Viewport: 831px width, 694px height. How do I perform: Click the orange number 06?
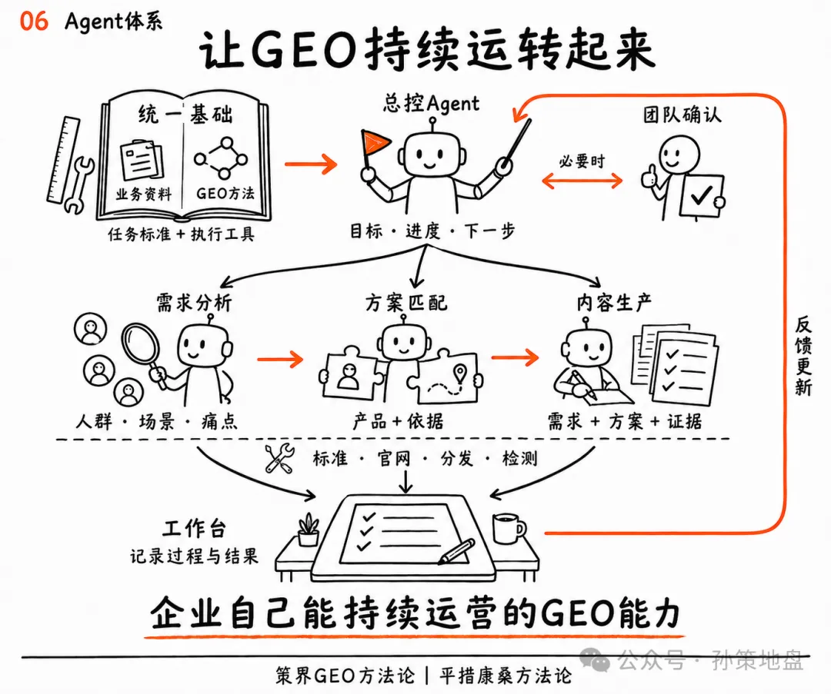tap(34, 22)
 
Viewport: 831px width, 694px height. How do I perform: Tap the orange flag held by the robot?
tap(375, 143)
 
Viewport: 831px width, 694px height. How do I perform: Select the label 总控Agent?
tap(431, 103)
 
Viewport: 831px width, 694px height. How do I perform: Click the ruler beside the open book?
tap(63, 160)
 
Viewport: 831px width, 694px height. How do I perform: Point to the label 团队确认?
tap(682, 114)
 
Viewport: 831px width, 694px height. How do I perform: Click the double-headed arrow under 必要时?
tap(582, 181)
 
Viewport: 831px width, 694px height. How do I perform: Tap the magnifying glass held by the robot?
tap(142, 350)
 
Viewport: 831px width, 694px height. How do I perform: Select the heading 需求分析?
tap(194, 303)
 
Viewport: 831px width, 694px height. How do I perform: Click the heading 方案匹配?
tap(406, 303)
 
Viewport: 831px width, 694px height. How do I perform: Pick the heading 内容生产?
tap(614, 303)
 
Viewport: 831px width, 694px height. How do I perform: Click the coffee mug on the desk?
tap(509, 528)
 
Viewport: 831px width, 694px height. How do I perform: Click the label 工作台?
tap(195, 528)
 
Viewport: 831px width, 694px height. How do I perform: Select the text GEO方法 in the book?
tap(225, 194)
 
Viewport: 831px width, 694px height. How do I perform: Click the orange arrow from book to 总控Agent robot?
tap(311, 164)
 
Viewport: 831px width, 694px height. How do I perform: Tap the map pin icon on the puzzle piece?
tap(460, 374)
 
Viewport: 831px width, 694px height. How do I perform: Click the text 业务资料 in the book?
tap(144, 194)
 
